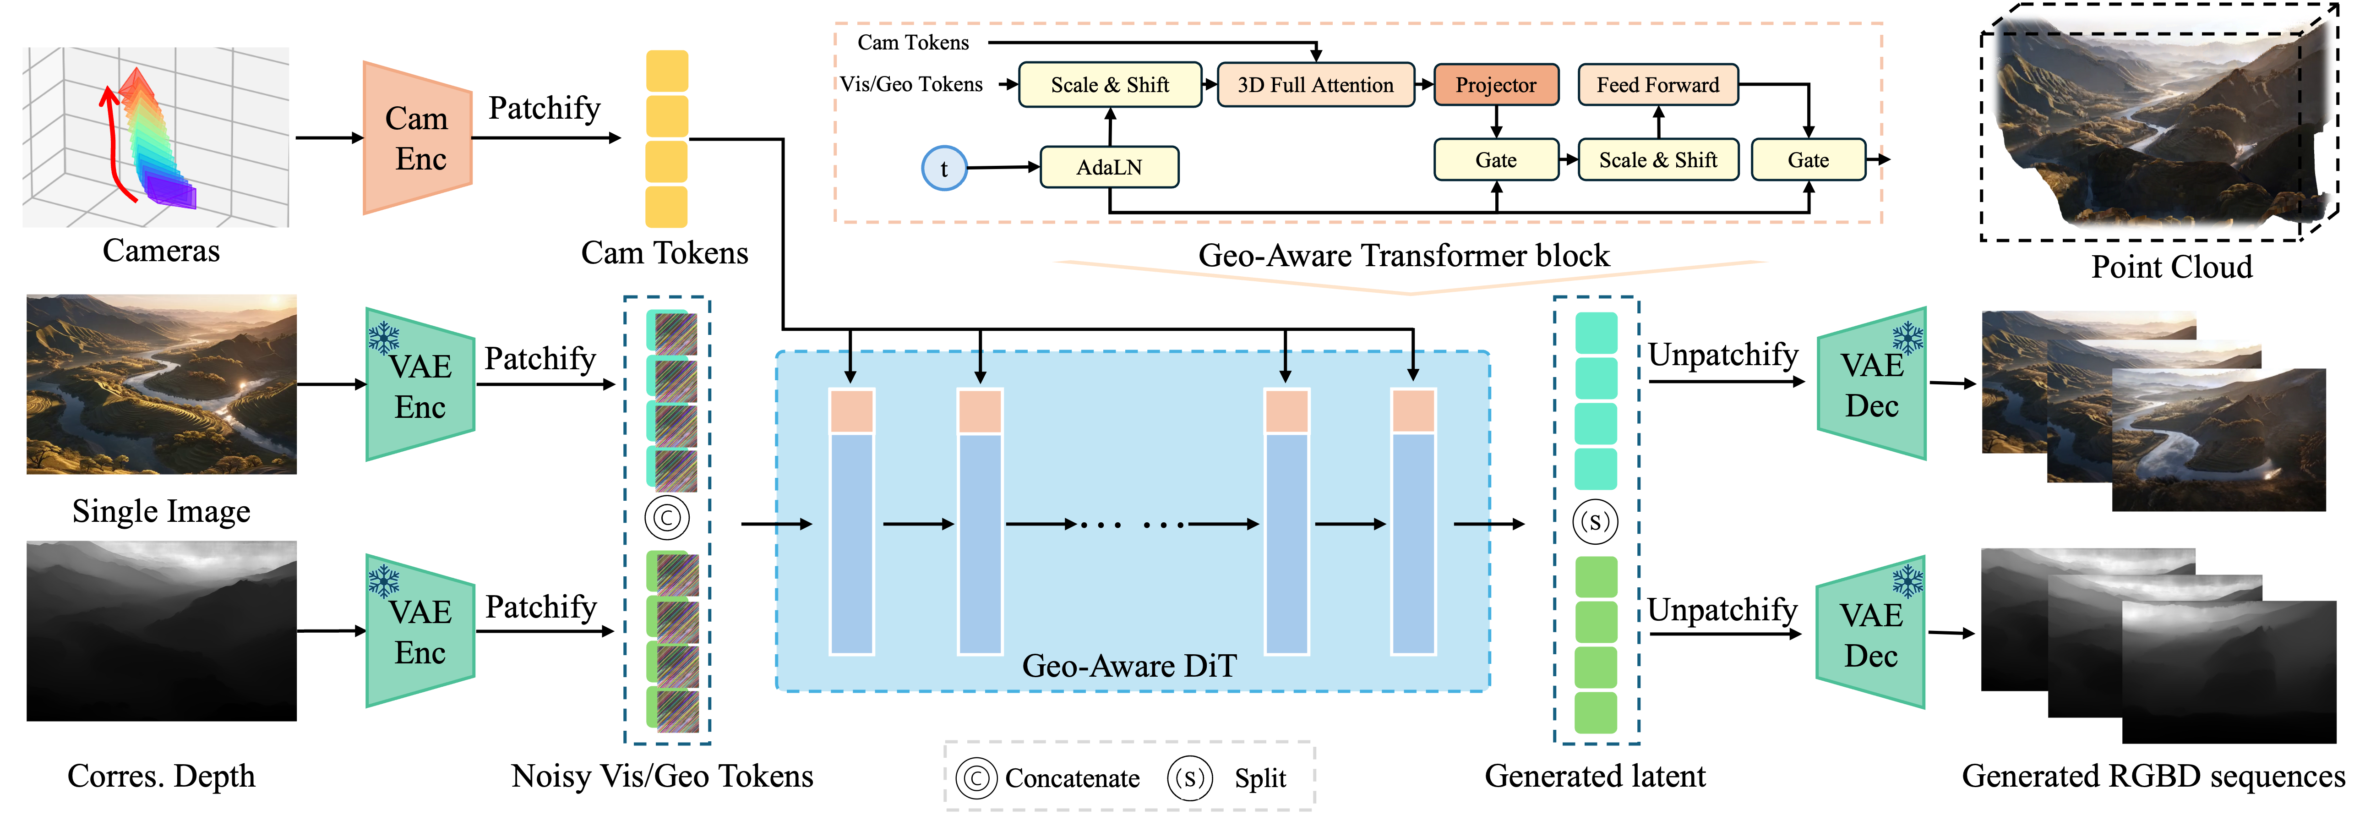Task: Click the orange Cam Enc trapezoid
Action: click(x=418, y=138)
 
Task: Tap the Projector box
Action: click(x=1496, y=85)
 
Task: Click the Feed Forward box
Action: click(x=1658, y=85)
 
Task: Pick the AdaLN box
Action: click(x=1110, y=167)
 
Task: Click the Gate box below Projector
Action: click(x=1496, y=159)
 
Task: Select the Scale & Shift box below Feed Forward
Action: click(x=1658, y=159)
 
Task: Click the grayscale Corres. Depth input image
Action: click(x=161, y=631)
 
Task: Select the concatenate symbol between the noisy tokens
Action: click(x=667, y=518)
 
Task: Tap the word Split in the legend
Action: click(x=1260, y=778)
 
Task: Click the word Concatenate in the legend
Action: click(x=1072, y=778)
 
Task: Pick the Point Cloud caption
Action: click(x=2171, y=267)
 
